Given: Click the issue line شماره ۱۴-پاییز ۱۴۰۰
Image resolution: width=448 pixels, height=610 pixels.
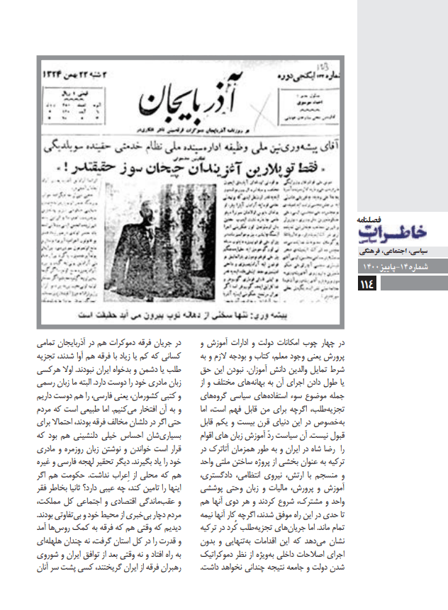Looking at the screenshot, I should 401,266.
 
